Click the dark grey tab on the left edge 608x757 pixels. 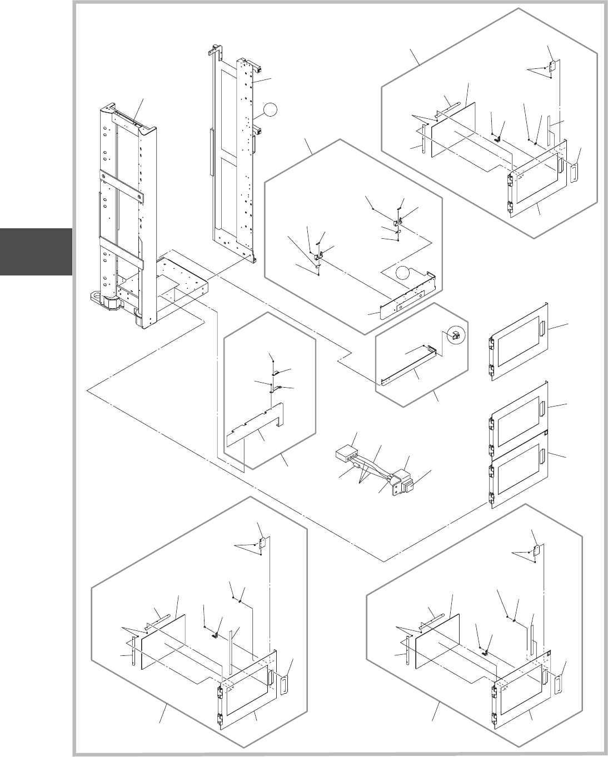click(x=36, y=252)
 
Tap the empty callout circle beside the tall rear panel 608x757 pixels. click(x=269, y=111)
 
